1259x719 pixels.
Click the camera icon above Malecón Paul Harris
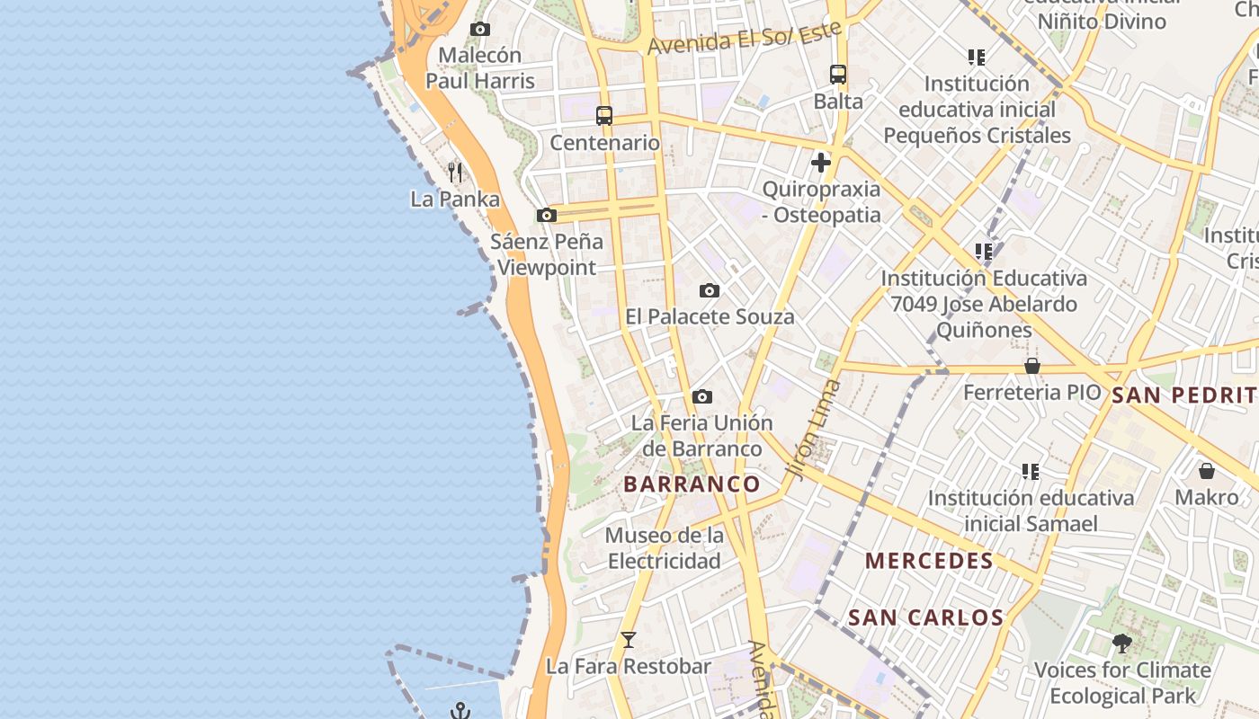coord(480,29)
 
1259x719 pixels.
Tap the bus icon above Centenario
coord(604,116)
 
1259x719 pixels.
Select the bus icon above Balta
coord(838,75)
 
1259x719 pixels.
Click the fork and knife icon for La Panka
coord(455,172)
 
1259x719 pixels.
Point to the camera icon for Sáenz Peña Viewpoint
coord(546,216)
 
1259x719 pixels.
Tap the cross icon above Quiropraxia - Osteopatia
coord(820,163)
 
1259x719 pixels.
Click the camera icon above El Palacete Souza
coord(710,291)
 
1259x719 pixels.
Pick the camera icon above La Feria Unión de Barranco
coord(702,396)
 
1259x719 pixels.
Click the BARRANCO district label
coord(692,484)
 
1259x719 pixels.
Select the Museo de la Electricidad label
coord(665,548)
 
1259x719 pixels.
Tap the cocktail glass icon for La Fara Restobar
coord(629,640)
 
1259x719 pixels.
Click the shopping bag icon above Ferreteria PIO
coord(1032,366)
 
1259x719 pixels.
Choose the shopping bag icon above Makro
coord(1207,471)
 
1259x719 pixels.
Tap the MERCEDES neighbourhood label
coord(929,562)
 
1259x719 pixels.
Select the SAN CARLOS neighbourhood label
coord(925,618)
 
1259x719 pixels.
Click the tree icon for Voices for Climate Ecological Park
coord(1122,643)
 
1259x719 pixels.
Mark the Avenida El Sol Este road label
coord(745,38)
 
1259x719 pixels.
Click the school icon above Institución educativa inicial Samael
coord(1031,471)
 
